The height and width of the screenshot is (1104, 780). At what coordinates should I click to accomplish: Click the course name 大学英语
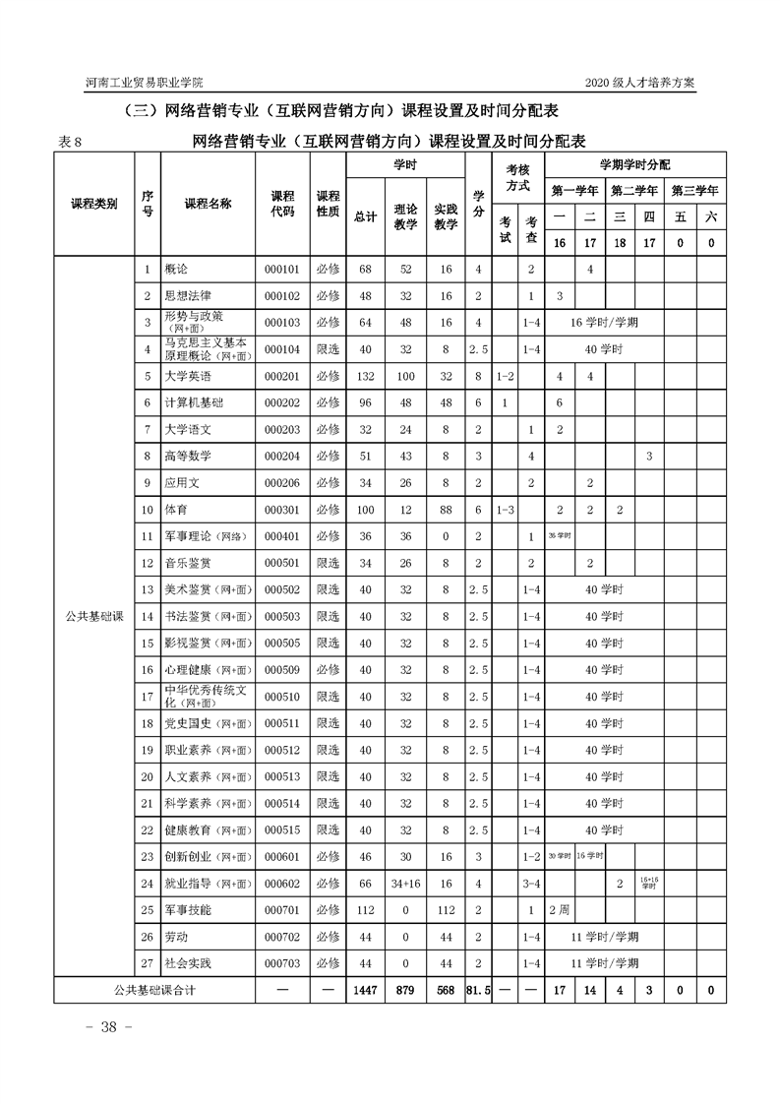pyautogui.click(x=188, y=376)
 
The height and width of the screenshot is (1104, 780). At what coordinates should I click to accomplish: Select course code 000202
pyautogui.click(x=282, y=402)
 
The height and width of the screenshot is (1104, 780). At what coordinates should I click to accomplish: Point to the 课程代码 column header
pyautogui.click(x=282, y=204)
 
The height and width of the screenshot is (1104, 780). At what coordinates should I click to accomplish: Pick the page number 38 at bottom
pyautogui.click(x=103, y=1027)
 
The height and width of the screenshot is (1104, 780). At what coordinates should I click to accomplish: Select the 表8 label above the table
pyautogui.click(x=71, y=142)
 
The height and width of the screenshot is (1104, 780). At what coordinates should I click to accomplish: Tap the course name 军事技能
pyautogui.click(x=188, y=910)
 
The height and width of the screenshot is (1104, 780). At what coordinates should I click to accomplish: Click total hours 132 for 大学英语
pyautogui.click(x=365, y=376)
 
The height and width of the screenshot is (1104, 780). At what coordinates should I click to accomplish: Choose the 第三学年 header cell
pyautogui.click(x=695, y=190)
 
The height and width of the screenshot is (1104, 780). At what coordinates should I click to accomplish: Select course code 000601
pyautogui.click(x=282, y=857)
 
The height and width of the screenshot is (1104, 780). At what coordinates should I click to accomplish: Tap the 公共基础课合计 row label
pyautogui.click(x=154, y=990)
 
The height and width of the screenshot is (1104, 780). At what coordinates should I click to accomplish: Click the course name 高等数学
pyautogui.click(x=188, y=456)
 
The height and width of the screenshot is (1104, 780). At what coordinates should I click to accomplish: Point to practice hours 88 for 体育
pyautogui.click(x=447, y=509)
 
